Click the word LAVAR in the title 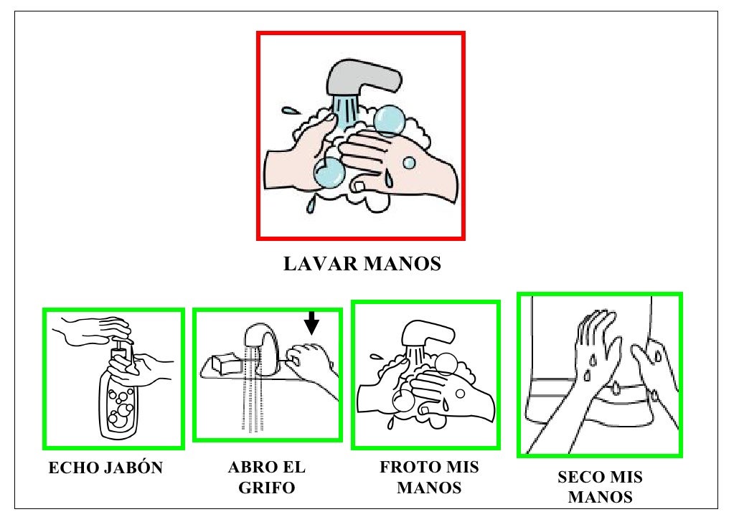321,264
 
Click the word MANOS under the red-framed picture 403,264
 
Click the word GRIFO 267,488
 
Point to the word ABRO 250,468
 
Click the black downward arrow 311,323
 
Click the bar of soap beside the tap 227,364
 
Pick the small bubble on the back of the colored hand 409,163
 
